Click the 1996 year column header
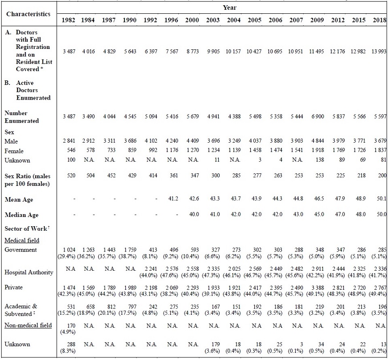point(171,21)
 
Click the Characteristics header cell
point(28,14)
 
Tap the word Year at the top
point(229,7)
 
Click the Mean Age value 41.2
point(171,199)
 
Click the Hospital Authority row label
point(28,272)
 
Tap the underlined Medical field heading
point(22,240)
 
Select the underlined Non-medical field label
point(28,325)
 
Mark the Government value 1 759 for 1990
point(130,250)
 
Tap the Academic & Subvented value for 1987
point(109,306)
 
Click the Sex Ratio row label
point(27,180)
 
